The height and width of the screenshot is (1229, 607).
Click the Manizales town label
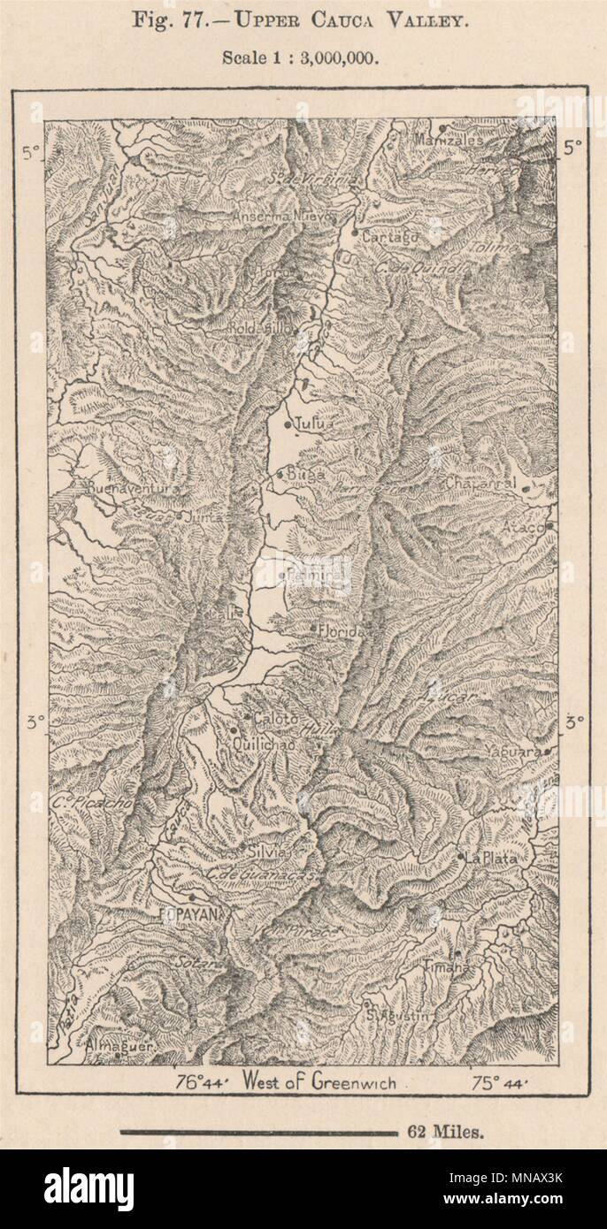[452, 140]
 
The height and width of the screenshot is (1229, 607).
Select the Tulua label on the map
[315, 424]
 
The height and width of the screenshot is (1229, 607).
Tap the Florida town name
[345, 632]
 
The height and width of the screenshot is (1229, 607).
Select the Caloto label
[276, 719]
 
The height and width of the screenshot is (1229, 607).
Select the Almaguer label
[119, 1046]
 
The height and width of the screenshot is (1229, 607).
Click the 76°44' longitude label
[201, 1081]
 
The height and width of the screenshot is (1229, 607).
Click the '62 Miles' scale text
[446, 1133]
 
